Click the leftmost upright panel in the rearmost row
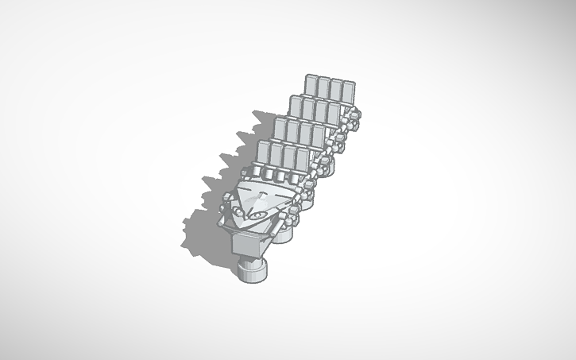pyautogui.click(x=311, y=86)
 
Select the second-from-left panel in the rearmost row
pyautogui.click(x=323, y=88)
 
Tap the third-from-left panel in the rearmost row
pyautogui.click(x=335, y=90)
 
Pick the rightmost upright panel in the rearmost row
pyautogui.click(x=347, y=91)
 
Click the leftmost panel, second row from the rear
pyautogui.click(x=296, y=106)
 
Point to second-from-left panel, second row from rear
pyautogui.click(x=308, y=109)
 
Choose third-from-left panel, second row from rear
pyautogui.click(x=320, y=111)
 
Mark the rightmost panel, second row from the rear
pyautogui.click(x=332, y=113)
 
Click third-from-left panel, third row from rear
pyautogui.click(x=305, y=133)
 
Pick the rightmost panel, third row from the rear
pyautogui.click(x=317, y=135)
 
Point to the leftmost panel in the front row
pyautogui.click(x=264, y=152)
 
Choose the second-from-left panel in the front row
pyautogui.click(x=276, y=154)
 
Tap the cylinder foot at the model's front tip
pyautogui.click(x=253, y=270)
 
